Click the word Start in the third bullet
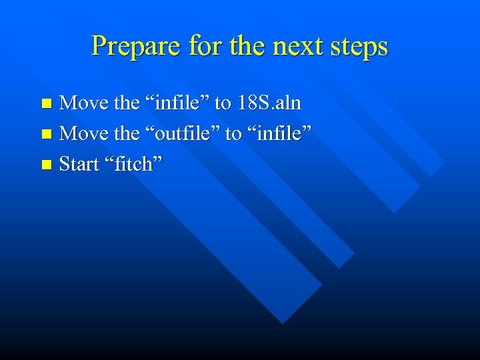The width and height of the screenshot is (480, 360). click(x=79, y=164)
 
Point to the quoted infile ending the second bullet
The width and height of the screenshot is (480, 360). click(x=279, y=133)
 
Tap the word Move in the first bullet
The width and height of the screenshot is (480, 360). click(x=85, y=103)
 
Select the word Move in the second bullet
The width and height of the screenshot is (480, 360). click(x=85, y=133)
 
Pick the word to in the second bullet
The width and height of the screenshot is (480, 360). click(x=233, y=133)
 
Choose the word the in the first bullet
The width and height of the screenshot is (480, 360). click(x=127, y=103)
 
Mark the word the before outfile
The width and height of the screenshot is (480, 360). click(x=127, y=133)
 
